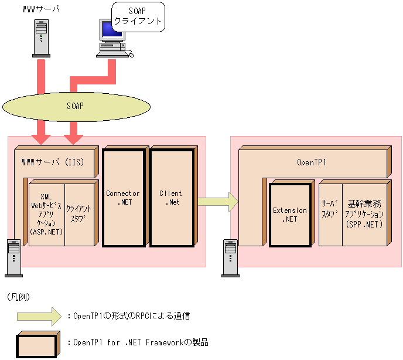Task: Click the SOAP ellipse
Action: pos(75,106)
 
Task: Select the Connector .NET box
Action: pos(123,198)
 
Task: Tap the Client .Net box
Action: pos(170,198)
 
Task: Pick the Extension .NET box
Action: pos(290,215)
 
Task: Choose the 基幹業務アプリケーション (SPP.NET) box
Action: pos(364,214)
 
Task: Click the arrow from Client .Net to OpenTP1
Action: pos(217,202)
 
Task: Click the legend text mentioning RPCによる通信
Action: pos(132,316)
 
